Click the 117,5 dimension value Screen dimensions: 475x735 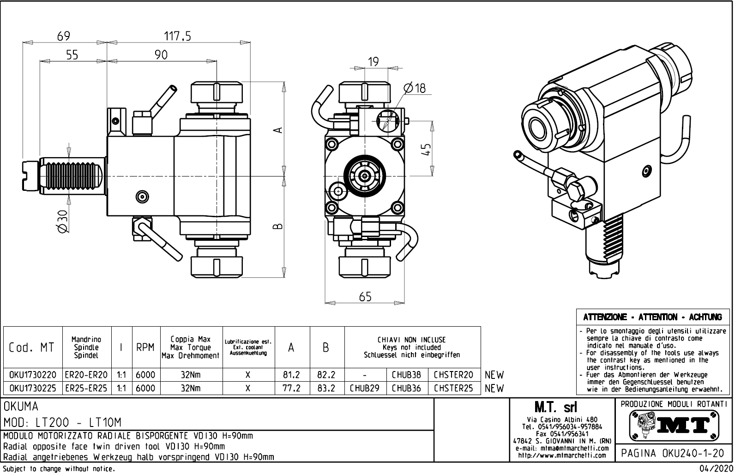(x=178, y=36)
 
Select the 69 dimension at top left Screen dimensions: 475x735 (x=64, y=36)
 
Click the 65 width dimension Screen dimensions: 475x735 (x=365, y=297)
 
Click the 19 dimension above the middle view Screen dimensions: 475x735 (x=374, y=61)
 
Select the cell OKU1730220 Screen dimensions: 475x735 (x=33, y=375)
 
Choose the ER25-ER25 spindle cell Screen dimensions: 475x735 (x=86, y=389)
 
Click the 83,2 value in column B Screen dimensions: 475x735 (x=326, y=389)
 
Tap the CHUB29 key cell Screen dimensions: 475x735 (x=365, y=389)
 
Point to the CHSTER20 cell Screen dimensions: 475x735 (x=454, y=375)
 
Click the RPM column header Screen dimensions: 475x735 (x=145, y=347)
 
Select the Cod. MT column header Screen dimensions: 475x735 (x=32, y=347)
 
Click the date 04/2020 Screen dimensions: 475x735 (x=716, y=469)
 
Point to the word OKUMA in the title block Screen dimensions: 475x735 (x=21, y=407)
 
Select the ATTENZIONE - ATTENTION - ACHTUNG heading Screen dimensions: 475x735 (x=652, y=317)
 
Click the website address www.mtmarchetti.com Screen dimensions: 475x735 (x=562, y=456)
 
